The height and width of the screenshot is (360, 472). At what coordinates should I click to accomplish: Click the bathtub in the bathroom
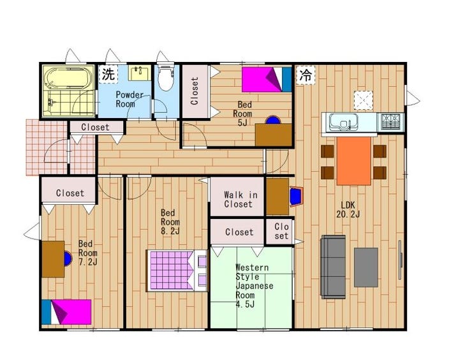click(68, 78)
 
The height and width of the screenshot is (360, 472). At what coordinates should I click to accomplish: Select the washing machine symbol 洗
click(108, 74)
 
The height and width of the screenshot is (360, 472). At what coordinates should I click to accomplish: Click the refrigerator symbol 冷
click(306, 75)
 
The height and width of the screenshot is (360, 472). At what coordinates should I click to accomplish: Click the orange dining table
click(354, 161)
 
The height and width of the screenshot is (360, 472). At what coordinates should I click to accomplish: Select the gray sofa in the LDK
click(333, 267)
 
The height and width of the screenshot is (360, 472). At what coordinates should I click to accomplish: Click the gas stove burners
click(391, 121)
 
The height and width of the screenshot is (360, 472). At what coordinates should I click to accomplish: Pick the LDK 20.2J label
click(348, 209)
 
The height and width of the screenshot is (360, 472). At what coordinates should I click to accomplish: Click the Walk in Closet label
click(240, 199)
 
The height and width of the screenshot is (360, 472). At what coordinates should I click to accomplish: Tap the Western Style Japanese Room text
click(254, 285)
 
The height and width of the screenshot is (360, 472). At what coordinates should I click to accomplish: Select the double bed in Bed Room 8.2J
click(177, 271)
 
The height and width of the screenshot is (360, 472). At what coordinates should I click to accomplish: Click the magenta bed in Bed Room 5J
click(267, 79)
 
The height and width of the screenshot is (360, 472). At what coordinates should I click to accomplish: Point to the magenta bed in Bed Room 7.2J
click(66, 311)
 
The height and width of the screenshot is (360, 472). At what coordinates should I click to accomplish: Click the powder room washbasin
click(140, 73)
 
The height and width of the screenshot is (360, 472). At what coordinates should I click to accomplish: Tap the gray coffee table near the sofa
click(365, 267)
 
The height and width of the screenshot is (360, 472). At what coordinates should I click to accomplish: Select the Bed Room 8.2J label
click(170, 221)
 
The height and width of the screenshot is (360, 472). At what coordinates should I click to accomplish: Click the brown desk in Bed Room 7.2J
click(54, 259)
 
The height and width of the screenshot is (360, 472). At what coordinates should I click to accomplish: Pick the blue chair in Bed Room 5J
click(273, 120)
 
